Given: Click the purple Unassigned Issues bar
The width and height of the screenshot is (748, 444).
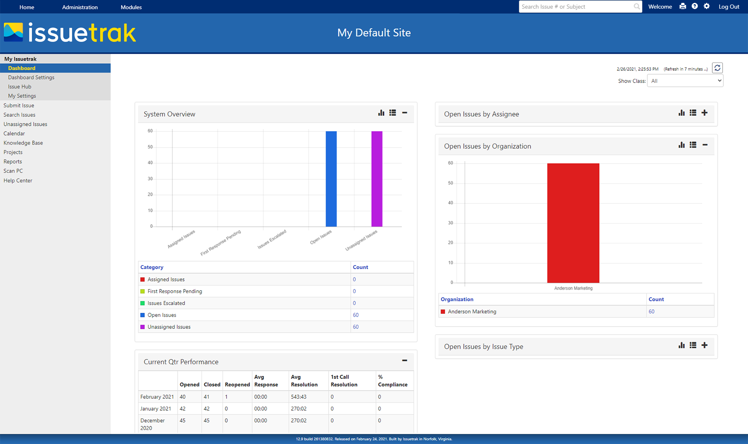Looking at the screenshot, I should [377, 179].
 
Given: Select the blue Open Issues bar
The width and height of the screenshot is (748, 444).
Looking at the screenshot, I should [331, 179].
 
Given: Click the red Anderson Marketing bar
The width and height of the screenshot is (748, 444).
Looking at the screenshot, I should [573, 223].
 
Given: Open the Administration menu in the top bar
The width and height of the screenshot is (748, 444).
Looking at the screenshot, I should [80, 7].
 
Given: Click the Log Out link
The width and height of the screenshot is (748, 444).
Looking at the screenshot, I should [729, 7].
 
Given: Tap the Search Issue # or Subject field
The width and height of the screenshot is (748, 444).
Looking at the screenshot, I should [576, 7].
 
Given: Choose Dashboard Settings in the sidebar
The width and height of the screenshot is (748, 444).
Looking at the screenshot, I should [31, 77].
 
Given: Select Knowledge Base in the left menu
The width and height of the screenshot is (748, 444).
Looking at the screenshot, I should [23, 143].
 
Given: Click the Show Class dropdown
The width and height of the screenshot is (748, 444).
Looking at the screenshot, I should [685, 81].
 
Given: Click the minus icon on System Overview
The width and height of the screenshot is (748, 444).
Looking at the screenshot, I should [405, 113].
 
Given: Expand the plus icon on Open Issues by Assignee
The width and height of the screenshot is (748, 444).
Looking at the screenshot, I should [704, 113].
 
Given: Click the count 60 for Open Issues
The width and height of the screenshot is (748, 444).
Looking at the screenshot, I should [356, 315].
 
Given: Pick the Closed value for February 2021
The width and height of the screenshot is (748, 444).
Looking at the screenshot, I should [206, 397].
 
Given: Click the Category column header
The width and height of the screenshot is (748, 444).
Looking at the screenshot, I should [152, 267].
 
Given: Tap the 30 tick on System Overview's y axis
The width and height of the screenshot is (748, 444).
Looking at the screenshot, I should [150, 179].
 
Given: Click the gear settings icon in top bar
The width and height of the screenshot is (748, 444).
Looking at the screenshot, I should [706, 6].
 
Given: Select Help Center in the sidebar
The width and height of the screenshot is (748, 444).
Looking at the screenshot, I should [18, 180].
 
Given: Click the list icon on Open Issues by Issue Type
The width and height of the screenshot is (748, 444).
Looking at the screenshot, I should [693, 345].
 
